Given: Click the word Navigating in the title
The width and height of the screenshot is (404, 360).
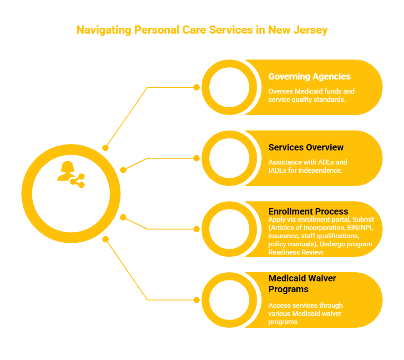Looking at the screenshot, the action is pos(104,30).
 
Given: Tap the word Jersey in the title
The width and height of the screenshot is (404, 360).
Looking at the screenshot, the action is pos(311,30).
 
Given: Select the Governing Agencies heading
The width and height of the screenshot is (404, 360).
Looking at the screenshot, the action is pos(309,77).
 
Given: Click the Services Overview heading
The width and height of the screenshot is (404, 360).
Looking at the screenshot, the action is pos(306,148).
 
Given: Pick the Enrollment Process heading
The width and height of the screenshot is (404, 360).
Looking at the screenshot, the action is pos(308,211).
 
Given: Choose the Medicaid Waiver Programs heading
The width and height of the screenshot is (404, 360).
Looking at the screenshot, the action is pos(302,284).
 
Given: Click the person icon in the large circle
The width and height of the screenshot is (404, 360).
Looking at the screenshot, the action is pos(66,171).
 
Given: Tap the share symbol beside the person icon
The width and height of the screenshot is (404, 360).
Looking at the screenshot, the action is pos(77,181).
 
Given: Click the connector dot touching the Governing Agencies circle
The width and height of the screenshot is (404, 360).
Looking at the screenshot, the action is pos(197,87).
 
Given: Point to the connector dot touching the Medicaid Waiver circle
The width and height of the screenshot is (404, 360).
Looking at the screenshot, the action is pos(197,300).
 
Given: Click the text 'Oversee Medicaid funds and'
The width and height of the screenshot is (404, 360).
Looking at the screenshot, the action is pos(311,91).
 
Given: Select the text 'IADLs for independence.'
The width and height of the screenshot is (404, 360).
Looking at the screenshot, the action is pos(305,170).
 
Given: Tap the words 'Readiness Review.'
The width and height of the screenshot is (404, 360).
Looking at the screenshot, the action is pos(296,252).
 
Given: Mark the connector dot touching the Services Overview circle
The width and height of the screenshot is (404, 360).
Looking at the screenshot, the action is pos(197,158).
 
